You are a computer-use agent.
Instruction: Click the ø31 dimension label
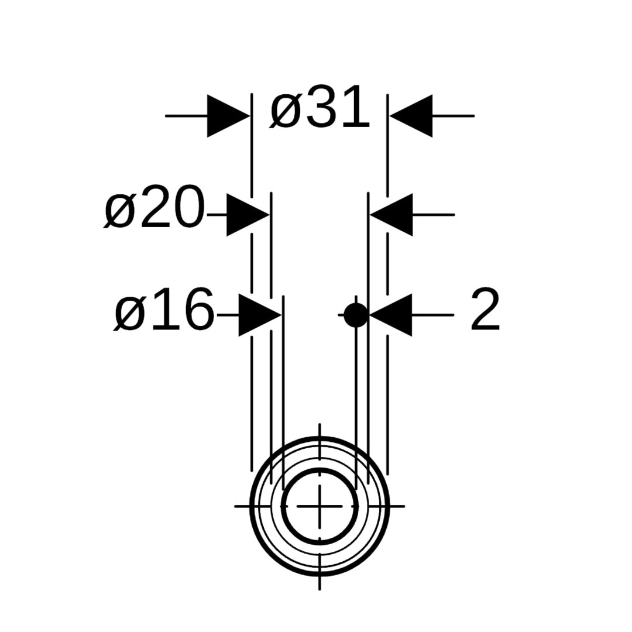tap(320, 107)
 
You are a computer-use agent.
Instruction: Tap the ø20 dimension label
tap(153, 207)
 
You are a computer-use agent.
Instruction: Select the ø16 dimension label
tap(164, 309)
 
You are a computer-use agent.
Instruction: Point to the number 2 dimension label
tap(485, 309)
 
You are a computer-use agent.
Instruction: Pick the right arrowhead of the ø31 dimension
tap(411, 116)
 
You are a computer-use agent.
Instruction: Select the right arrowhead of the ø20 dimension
tap(391, 215)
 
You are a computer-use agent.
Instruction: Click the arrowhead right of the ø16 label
tap(260, 315)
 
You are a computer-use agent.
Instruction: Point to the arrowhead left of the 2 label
tap(390, 315)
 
